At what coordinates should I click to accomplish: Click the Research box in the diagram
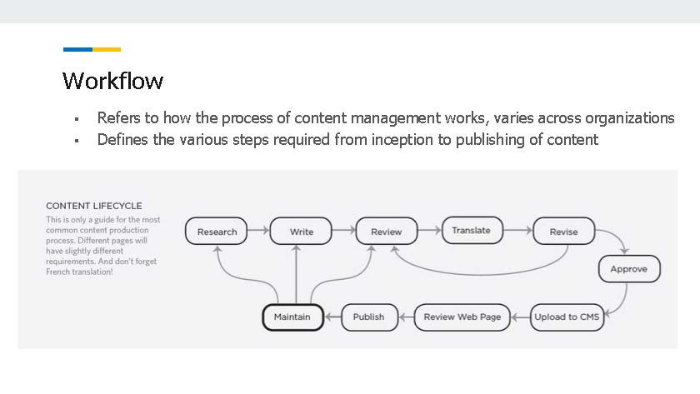click(216, 231)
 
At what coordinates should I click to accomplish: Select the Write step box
click(301, 231)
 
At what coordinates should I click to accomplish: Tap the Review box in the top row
click(387, 231)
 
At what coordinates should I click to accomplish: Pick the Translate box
click(472, 230)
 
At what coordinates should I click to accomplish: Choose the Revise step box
click(564, 231)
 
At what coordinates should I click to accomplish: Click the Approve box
click(629, 268)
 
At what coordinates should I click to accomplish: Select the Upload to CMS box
click(567, 317)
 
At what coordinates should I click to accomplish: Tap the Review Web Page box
click(462, 317)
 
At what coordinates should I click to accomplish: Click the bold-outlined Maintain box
click(292, 317)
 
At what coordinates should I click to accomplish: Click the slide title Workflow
click(113, 81)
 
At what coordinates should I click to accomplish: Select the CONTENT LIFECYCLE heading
click(93, 206)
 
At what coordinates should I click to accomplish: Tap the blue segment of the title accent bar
click(77, 49)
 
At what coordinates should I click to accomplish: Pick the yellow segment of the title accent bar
click(107, 49)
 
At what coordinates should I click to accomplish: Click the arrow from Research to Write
click(258, 230)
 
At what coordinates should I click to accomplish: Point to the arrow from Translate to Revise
click(518, 230)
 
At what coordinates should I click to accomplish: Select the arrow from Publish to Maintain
click(332, 317)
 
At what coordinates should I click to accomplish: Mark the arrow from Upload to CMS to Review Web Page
click(520, 317)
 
